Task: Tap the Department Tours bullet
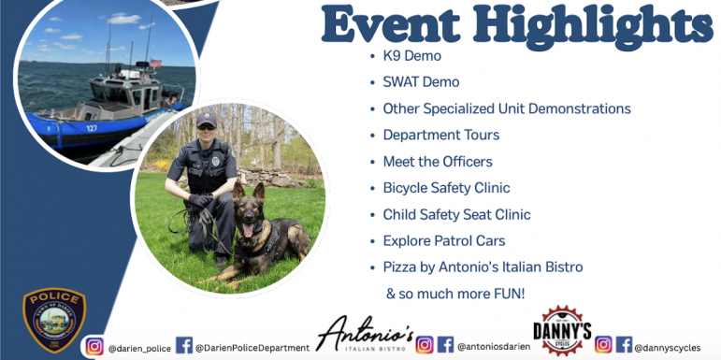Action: click(x=440, y=135)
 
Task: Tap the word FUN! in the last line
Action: click(x=504, y=294)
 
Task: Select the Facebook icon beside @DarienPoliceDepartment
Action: click(x=184, y=346)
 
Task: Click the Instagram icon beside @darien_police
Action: click(x=94, y=346)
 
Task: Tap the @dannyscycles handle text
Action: click(x=668, y=348)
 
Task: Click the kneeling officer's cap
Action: click(x=206, y=120)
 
